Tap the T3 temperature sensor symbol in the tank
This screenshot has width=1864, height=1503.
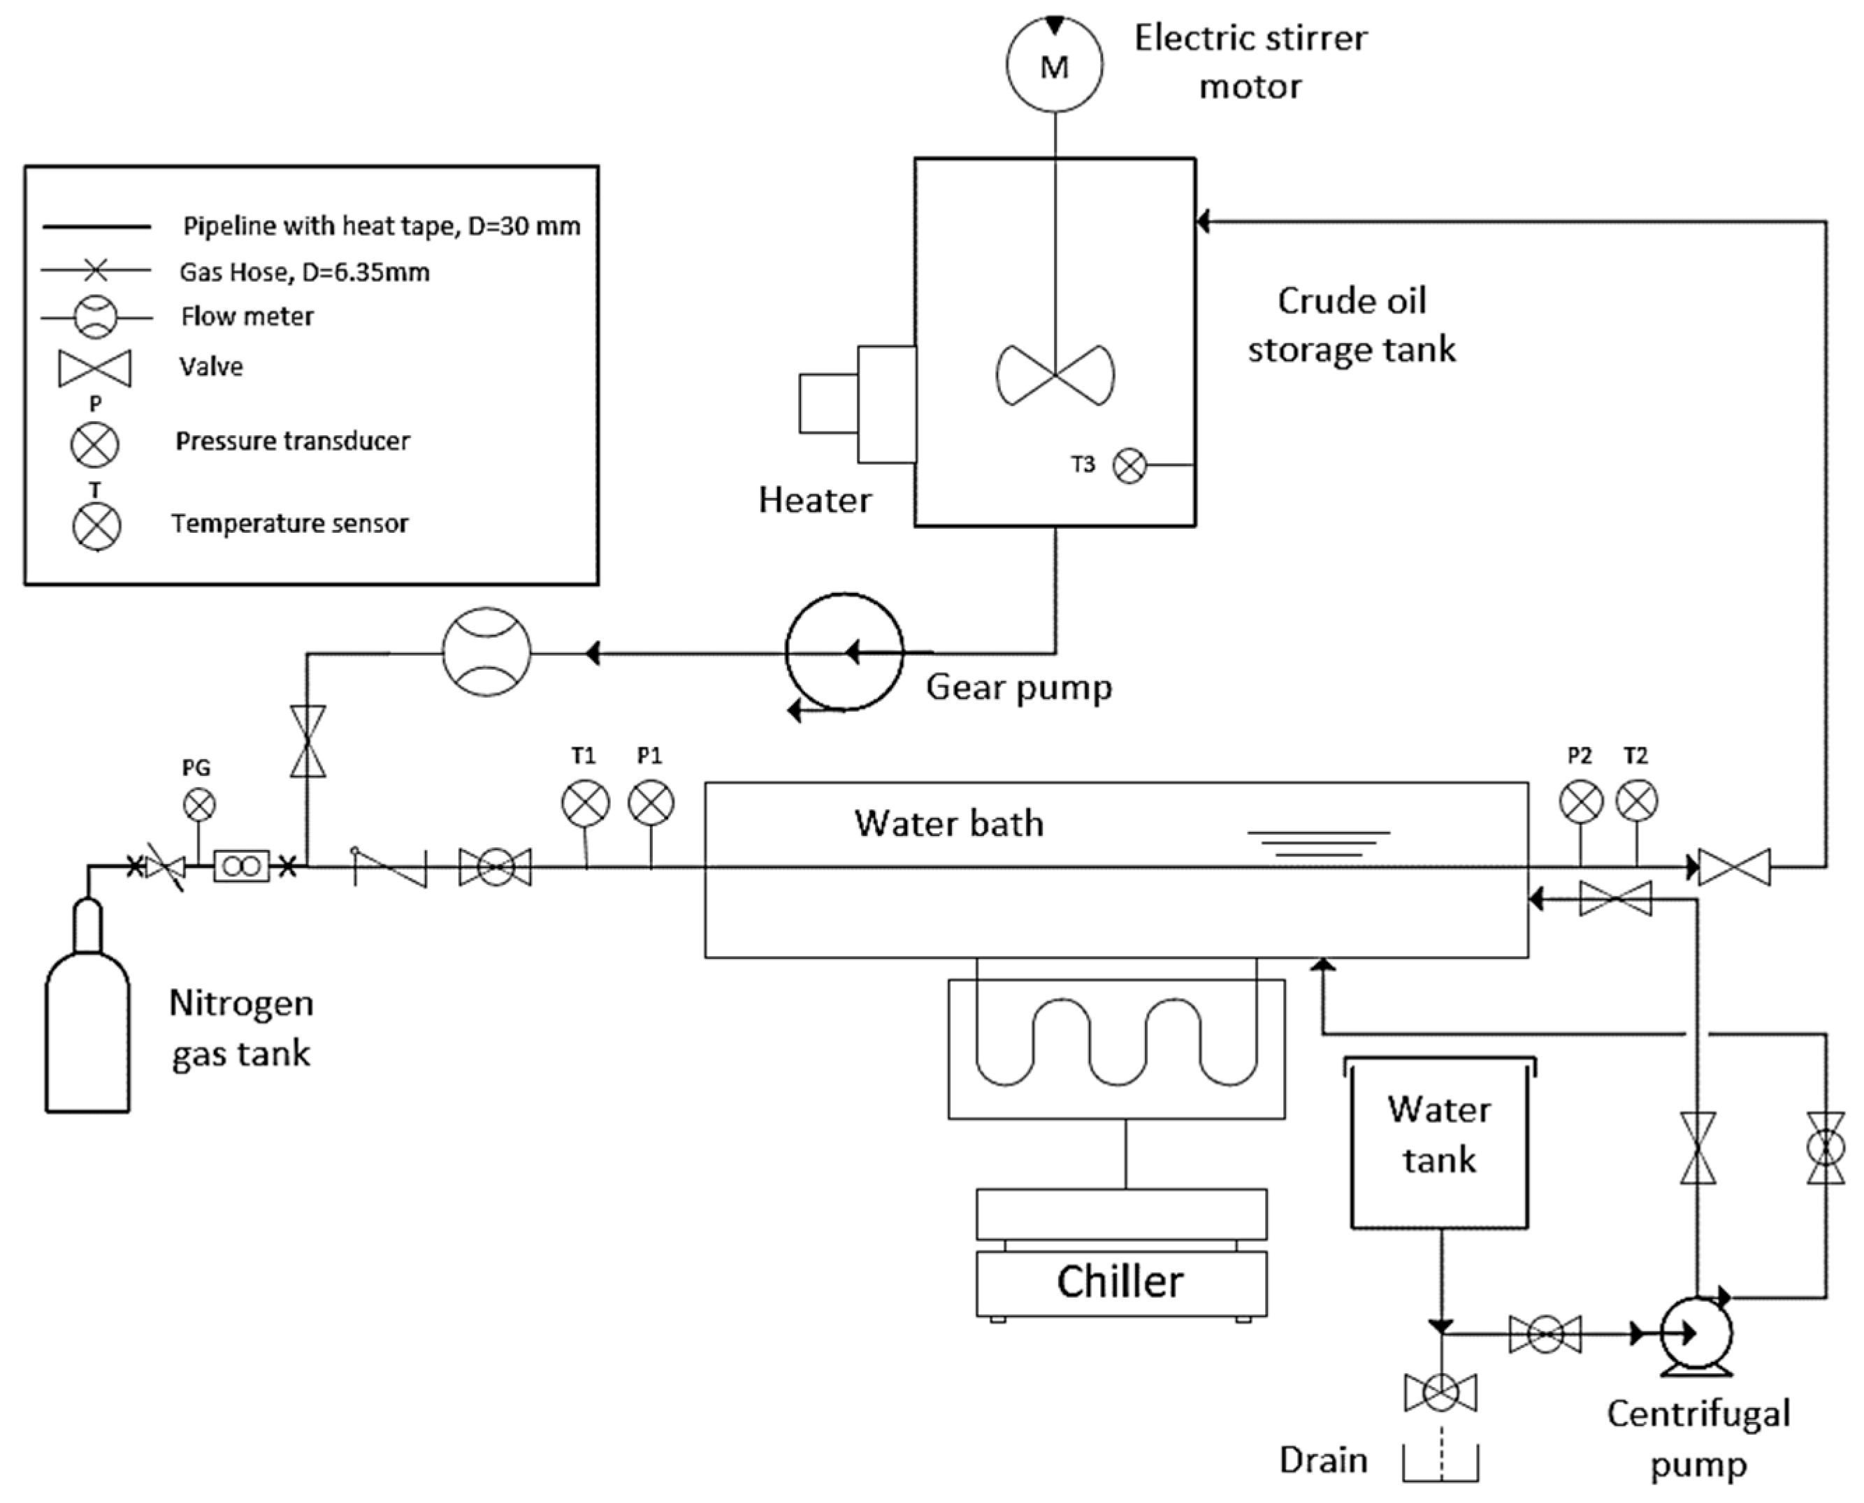point(1129,466)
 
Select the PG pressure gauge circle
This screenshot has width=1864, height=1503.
point(199,805)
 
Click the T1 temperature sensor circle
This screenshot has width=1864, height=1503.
point(586,802)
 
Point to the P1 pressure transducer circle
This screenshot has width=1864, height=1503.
point(651,802)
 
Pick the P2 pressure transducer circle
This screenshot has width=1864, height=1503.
point(1581,801)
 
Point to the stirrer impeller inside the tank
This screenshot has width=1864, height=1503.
point(1055,375)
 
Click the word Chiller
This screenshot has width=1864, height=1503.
point(1119,1282)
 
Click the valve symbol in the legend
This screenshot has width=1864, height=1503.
point(94,369)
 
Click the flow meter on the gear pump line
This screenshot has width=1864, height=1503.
point(486,652)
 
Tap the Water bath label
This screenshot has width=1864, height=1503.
point(948,823)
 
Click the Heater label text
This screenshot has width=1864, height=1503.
point(814,501)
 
